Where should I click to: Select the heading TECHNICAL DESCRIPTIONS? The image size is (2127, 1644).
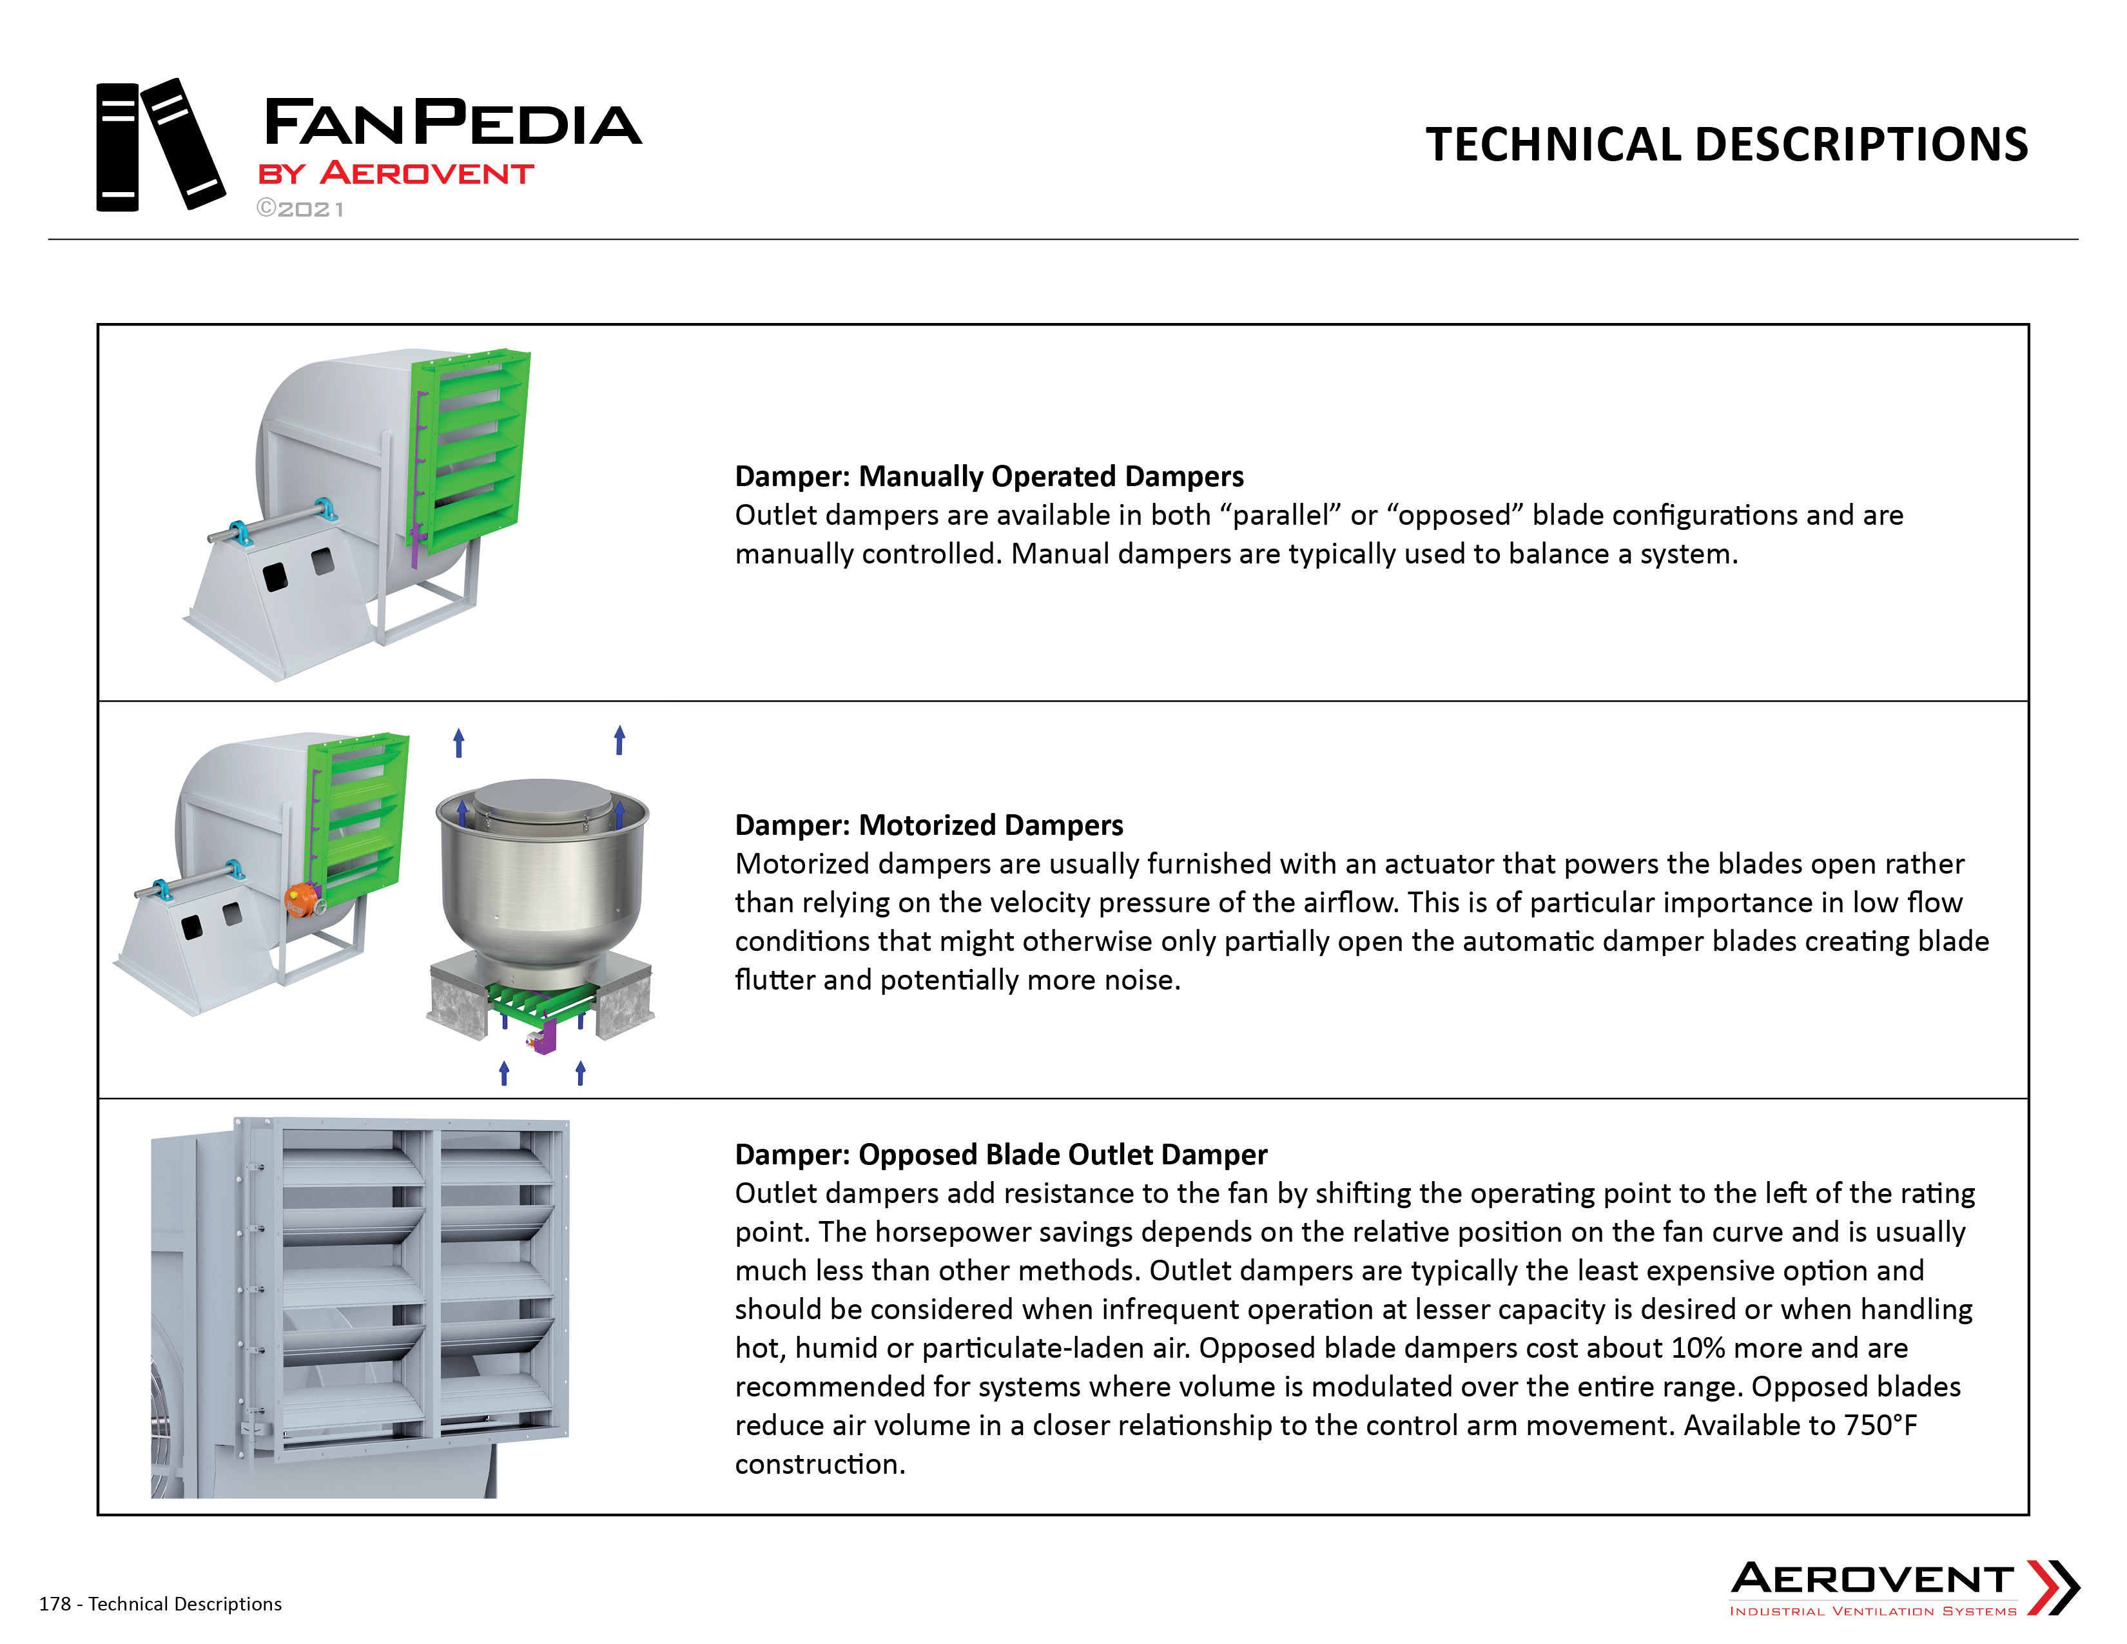point(1727,144)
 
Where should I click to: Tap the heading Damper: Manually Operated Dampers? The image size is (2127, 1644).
point(989,476)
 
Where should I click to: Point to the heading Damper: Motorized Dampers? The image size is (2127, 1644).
point(928,825)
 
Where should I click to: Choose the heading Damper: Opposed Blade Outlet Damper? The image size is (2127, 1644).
point(1000,1154)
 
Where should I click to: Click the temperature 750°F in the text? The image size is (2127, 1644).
point(1881,1425)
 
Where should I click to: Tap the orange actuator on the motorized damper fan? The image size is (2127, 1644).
point(302,900)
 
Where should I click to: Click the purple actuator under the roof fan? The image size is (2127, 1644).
point(543,1036)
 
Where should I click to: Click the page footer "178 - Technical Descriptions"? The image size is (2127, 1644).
point(160,1604)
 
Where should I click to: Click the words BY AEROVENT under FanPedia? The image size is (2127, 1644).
point(395,173)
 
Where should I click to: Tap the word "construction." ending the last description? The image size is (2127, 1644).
point(820,1464)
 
